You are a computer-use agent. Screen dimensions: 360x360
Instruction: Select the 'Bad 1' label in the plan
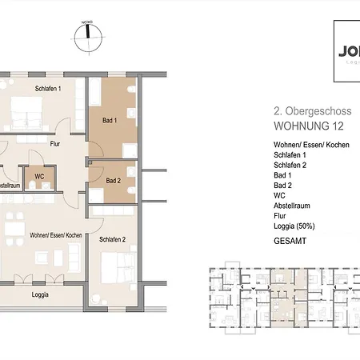pos(110,121)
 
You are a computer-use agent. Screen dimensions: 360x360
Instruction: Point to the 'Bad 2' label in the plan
pos(113,180)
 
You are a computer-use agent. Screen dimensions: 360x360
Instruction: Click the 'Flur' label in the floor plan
pos(55,145)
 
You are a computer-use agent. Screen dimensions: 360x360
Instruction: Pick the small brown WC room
pos(39,175)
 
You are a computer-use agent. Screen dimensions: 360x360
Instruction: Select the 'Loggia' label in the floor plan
pos(40,294)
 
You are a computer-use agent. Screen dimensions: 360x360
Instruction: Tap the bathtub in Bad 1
pos(94,93)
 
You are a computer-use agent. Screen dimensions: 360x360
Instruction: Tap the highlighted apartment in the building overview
pos(281,288)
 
